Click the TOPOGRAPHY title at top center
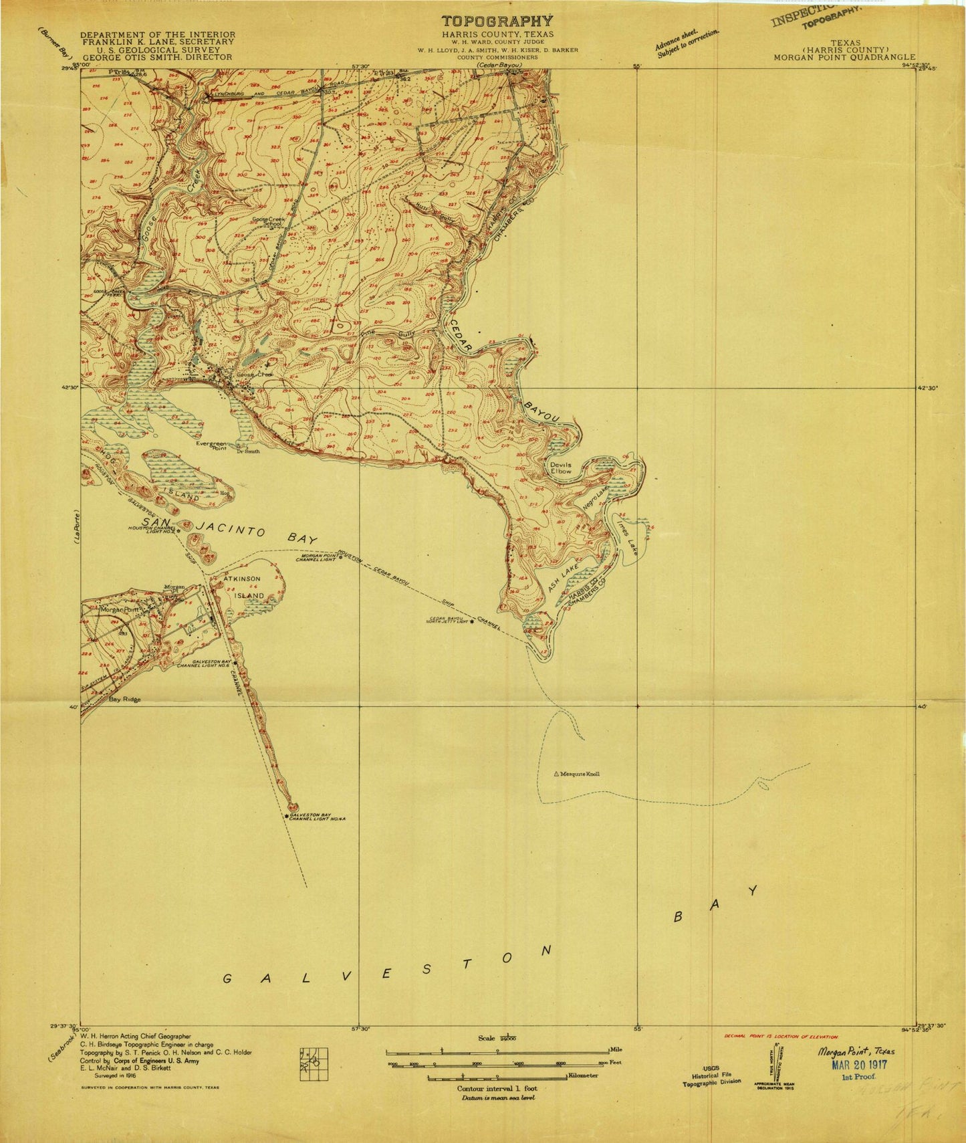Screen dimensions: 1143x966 497,21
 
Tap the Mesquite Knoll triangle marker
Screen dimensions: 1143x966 556,774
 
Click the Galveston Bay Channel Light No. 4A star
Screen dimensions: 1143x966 287,816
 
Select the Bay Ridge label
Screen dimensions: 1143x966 124,700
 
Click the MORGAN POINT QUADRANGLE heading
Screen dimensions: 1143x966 844,58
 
